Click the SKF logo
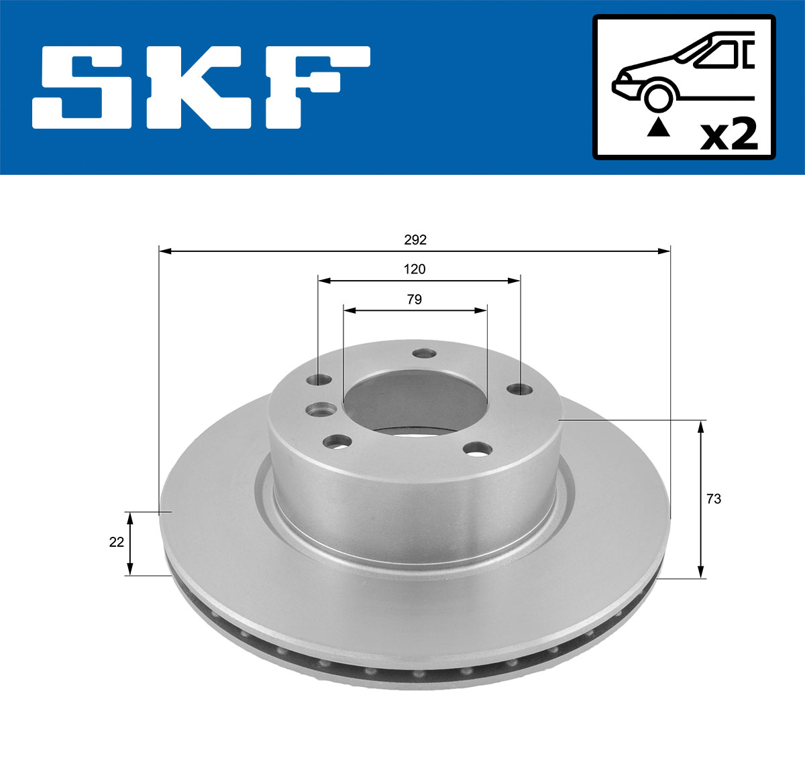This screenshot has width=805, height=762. [201, 87]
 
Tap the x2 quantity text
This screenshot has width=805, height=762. [729, 135]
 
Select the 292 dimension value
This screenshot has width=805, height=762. [415, 239]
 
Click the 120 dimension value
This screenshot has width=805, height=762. [415, 269]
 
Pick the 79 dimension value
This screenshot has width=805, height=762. [415, 300]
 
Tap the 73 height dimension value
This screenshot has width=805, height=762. [714, 499]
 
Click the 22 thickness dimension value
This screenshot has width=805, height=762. [117, 542]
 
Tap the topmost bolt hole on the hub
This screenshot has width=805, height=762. [423, 353]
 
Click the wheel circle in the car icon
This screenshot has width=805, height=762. [658, 96]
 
